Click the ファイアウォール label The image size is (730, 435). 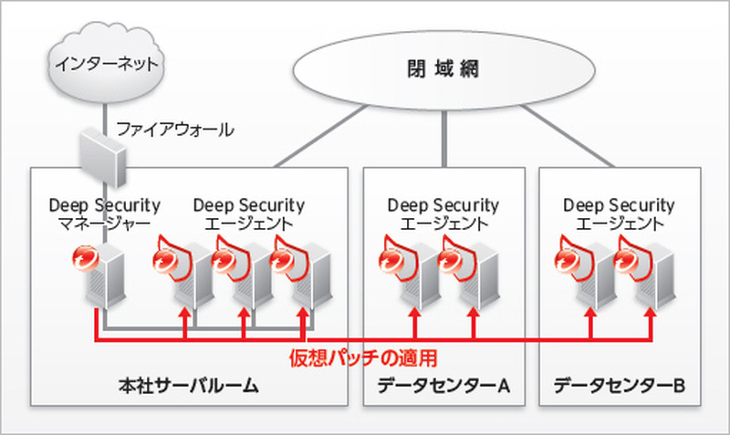click(174, 129)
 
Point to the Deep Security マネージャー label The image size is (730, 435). click(104, 214)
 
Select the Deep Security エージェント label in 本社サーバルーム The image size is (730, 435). click(249, 214)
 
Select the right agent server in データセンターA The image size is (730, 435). click(468, 274)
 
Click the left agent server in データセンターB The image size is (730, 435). click(585, 274)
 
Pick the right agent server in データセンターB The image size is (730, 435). click(644, 274)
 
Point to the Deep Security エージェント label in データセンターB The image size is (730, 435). click(619, 214)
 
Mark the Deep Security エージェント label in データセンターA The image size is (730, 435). click(443, 214)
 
